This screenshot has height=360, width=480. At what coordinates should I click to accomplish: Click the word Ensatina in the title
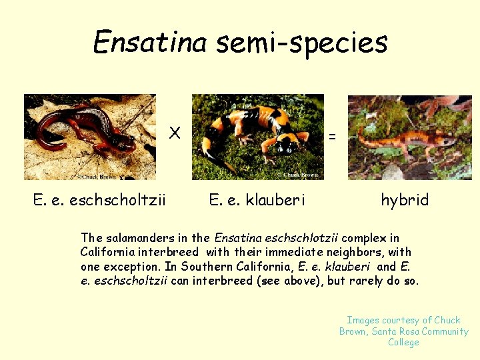pos(150,42)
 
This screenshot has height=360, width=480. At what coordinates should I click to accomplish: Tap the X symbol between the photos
pos(175,133)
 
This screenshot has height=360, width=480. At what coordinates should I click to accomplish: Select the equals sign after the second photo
pos(333,136)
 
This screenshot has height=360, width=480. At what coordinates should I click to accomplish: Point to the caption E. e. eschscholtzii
pos(100,199)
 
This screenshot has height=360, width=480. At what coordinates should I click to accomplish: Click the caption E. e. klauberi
pos(257,199)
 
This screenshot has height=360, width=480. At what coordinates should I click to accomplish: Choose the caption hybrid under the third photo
pos(405,199)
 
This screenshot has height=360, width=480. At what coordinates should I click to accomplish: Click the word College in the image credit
pos(404,343)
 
